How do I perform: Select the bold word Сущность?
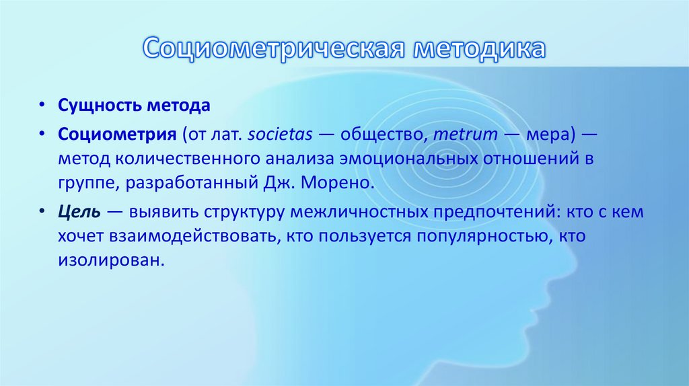tap(89, 106)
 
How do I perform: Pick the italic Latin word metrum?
tap(465, 134)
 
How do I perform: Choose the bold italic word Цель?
tap(79, 212)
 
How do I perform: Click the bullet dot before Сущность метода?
tap(43, 107)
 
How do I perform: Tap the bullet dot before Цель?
tap(43, 213)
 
